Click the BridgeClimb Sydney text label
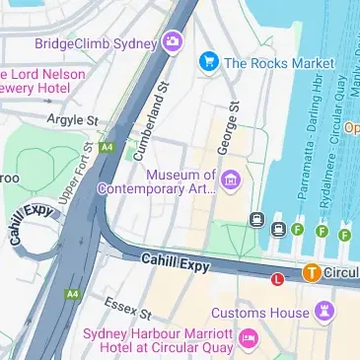click(96, 43)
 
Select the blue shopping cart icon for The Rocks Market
click(207, 62)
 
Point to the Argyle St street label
click(73, 120)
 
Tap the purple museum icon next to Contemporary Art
click(231, 179)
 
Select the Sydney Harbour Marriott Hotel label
click(159, 341)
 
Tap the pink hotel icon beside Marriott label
click(249, 341)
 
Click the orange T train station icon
click(311, 272)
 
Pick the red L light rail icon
click(278, 279)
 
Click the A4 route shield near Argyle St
click(106, 148)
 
